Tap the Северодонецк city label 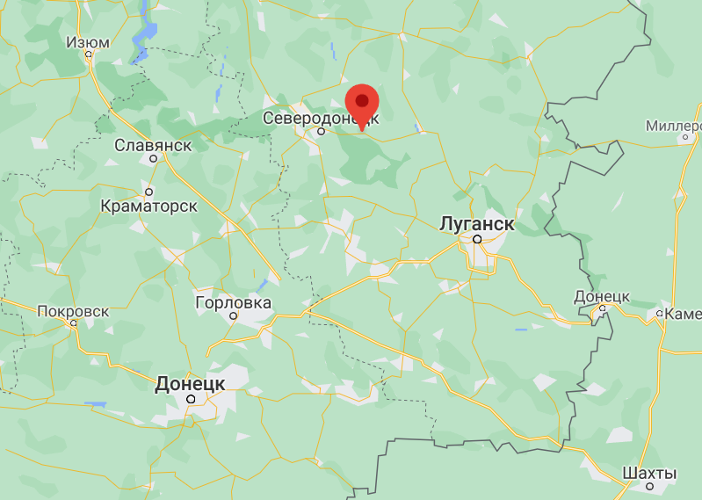coord(322,117)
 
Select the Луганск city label coord(476,223)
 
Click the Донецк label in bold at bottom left coord(191,383)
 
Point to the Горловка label coord(233,302)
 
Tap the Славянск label coord(154,144)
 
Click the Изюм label coord(89,42)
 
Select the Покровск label coord(73,311)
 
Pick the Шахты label coord(649,474)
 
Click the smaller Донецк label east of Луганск coord(602,296)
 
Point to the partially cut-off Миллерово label coord(674,127)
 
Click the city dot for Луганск coord(477,238)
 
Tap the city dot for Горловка coord(234,315)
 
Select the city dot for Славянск coord(154,159)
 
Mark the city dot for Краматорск coord(149,192)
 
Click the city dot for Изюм coord(89,54)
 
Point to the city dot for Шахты coord(650,486)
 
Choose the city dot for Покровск coord(74,323)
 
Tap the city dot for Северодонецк coord(322,132)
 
